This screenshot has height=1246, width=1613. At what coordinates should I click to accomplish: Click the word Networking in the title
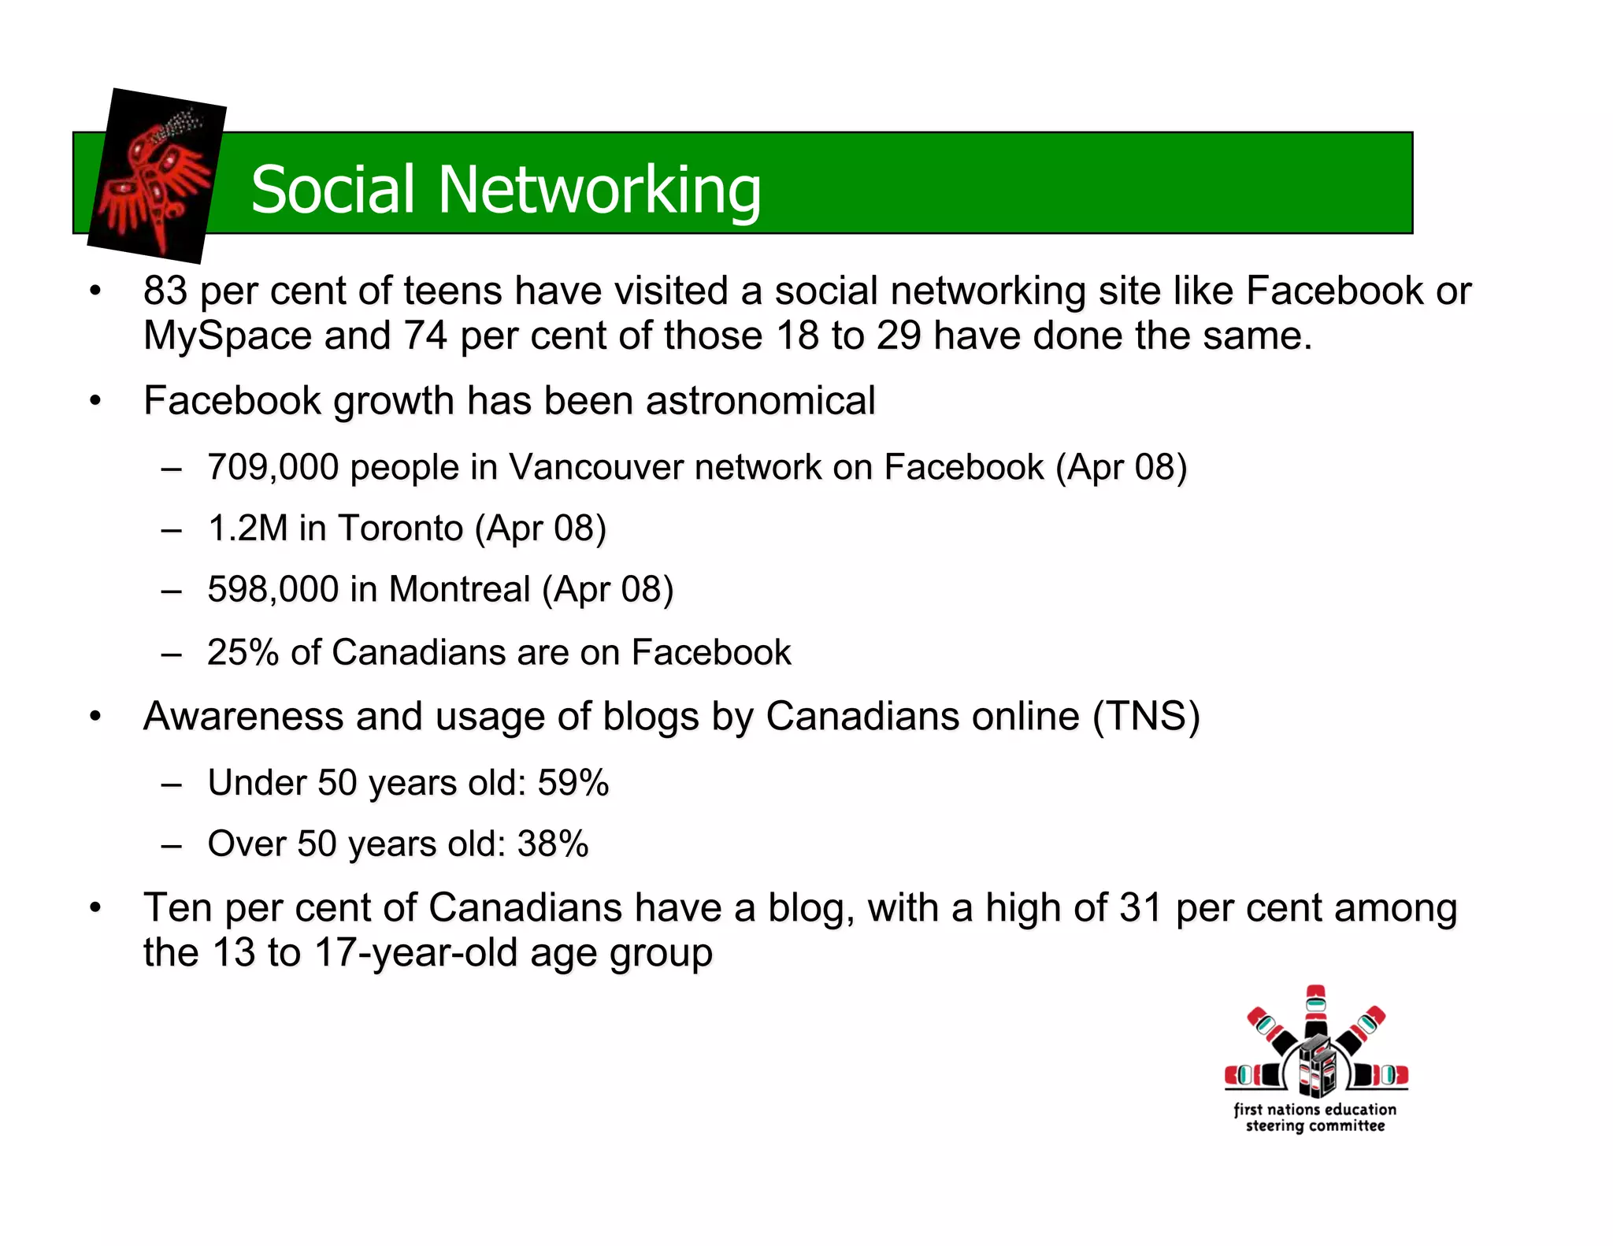pos(599,191)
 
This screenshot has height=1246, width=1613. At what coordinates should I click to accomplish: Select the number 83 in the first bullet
pos(165,291)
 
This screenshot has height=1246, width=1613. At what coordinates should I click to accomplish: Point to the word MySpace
pos(228,336)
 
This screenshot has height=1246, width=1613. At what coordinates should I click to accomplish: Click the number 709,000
pos(273,467)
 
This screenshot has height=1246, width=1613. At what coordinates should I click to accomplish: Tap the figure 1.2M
pos(247,528)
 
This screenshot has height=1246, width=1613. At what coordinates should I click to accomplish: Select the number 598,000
pos(273,589)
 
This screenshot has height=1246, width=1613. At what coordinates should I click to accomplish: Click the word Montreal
pos(459,589)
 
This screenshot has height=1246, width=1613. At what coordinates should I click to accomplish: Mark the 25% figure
pos(243,652)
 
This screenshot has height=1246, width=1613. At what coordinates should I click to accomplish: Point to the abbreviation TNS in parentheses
pos(1146,717)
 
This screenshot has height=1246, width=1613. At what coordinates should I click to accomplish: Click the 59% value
pos(573,783)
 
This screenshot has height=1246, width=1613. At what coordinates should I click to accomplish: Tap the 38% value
pos(553,844)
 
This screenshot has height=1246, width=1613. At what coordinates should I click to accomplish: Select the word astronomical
pos(761,401)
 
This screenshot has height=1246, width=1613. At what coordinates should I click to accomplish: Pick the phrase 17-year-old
pos(416,953)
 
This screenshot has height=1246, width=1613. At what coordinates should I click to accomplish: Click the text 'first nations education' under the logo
pos(1315,1109)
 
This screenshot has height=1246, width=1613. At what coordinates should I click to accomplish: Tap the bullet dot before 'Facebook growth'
pos(95,402)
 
